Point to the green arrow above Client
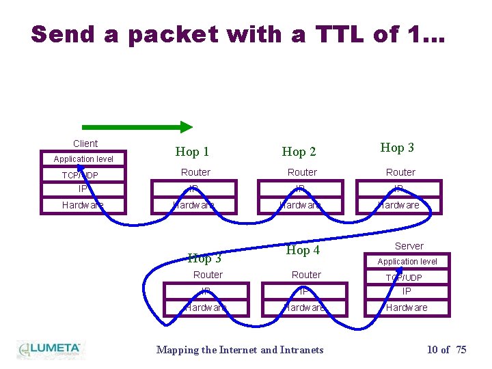(137, 126)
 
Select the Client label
(85, 143)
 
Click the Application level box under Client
(83, 159)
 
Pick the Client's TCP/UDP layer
(81, 176)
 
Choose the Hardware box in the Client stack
(83, 205)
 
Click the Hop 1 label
(192, 152)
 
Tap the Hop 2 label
(299, 152)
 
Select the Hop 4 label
(303, 250)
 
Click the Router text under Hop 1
(195, 172)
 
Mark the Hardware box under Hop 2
(302, 205)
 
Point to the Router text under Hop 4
(306, 275)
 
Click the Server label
(409, 246)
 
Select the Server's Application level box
(407, 262)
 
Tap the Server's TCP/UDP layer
(405, 277)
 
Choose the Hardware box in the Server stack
(407, 307)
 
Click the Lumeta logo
(49, 349)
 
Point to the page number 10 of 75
(446, 350)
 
